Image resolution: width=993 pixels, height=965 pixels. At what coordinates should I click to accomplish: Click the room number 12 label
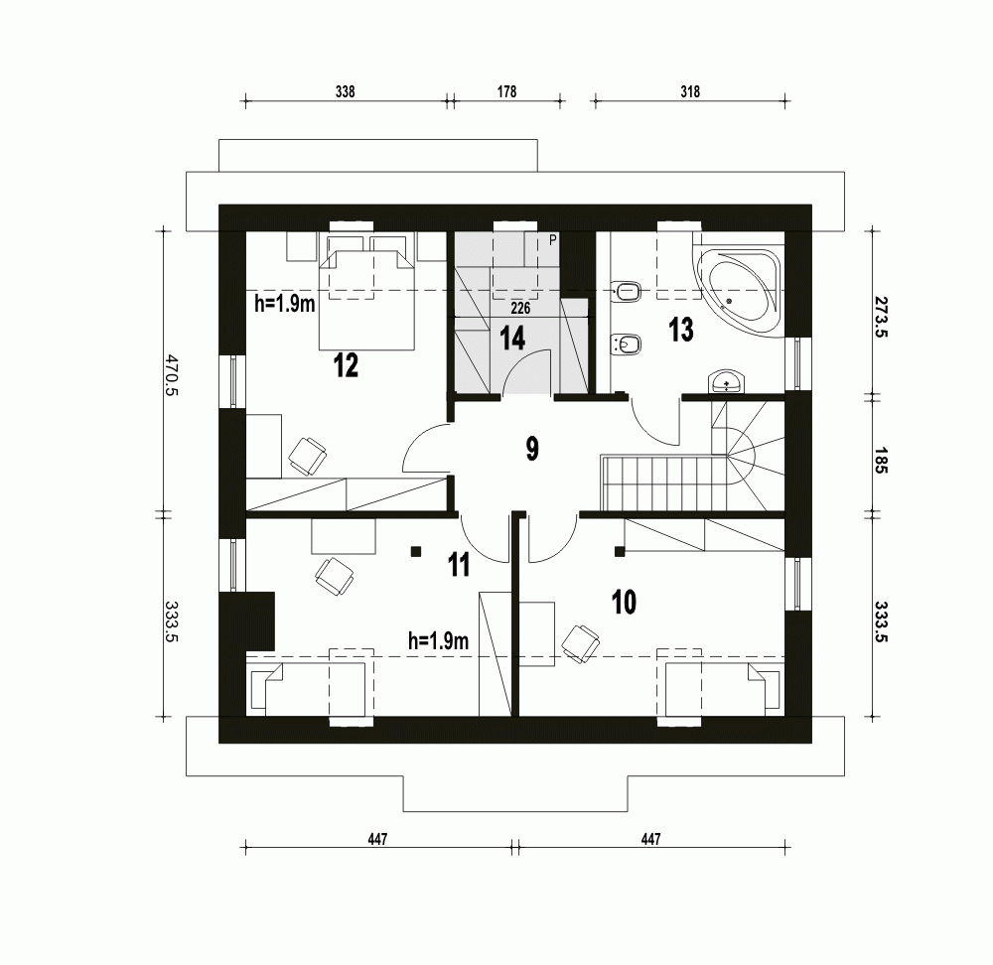(x=345, y=365)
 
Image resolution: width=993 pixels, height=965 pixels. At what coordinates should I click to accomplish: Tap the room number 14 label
(x=511, y=339)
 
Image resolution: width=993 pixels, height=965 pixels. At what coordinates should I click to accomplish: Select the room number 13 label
(x=680, y=330)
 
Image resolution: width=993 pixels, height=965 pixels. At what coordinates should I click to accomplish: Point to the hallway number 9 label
(x=532, y=449)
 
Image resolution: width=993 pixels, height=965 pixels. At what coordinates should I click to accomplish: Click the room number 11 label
(x=458, y=565)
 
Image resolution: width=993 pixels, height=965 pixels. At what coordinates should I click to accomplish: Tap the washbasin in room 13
(x=727, y=381)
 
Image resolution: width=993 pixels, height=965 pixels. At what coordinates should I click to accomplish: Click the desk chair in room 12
(x=307, y=455)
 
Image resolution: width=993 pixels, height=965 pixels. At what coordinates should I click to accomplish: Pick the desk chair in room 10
(x=579, y=641)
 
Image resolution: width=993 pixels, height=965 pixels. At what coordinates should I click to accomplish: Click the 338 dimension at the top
(x=345, y=90)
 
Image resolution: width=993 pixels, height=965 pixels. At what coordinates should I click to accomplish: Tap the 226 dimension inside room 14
(x=520, y=309)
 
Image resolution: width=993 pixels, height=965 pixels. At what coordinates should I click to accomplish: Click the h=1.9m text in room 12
(x=284, y=305)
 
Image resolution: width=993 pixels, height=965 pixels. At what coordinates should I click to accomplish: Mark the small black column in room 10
(x=619, y=549)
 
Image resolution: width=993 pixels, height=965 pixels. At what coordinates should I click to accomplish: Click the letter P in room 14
(x=554, y=239)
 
